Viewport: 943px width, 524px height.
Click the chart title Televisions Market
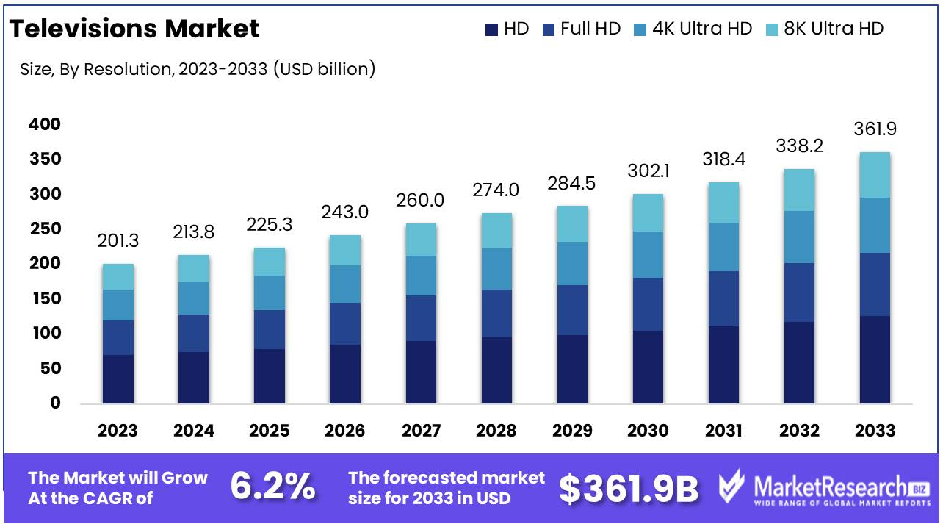tap(134, 29)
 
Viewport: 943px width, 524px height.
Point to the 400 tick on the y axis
tap(45, 124)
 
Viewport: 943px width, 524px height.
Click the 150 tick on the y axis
tap(45, 298)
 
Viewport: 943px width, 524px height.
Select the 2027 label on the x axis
tap(421, 431)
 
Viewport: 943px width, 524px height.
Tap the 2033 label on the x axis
tap(875, 431)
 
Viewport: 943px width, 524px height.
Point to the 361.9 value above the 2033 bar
tap(875, 129)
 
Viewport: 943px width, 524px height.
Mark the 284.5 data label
tap(572, 184)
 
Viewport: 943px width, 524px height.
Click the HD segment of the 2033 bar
tap(875, 359)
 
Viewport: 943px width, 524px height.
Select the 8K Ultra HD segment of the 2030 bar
tap(648, 213)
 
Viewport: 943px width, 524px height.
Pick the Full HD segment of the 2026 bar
tap(344, 323)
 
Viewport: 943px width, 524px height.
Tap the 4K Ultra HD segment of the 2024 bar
tap(193, 298)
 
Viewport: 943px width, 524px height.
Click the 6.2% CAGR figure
tap(273, 487)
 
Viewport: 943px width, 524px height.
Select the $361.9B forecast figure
tap(629, 488)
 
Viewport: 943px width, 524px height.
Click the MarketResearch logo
tap(823, 488)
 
